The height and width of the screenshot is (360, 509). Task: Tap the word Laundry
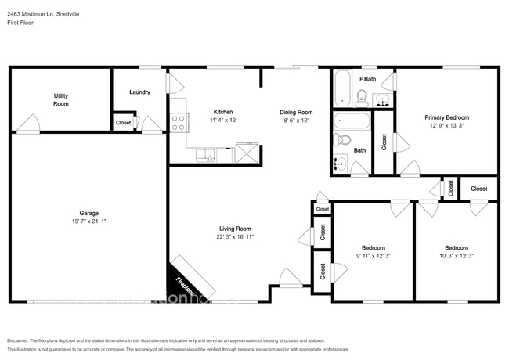[x=139, y=92]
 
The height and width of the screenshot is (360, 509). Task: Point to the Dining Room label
[x=296, y=112]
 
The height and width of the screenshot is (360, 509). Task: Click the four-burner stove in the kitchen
[x=179, y=122]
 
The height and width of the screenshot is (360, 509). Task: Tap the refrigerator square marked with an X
[x=246, y=153]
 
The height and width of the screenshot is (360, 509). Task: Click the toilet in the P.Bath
[x=362, y=96]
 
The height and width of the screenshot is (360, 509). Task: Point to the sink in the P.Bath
[x=383, y=99]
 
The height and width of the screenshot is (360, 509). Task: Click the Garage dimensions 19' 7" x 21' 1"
[x=88, y=221]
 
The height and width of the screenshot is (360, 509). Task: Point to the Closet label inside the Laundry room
[x=123, y=123]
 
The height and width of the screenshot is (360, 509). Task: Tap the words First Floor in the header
[x=22, y=23]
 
